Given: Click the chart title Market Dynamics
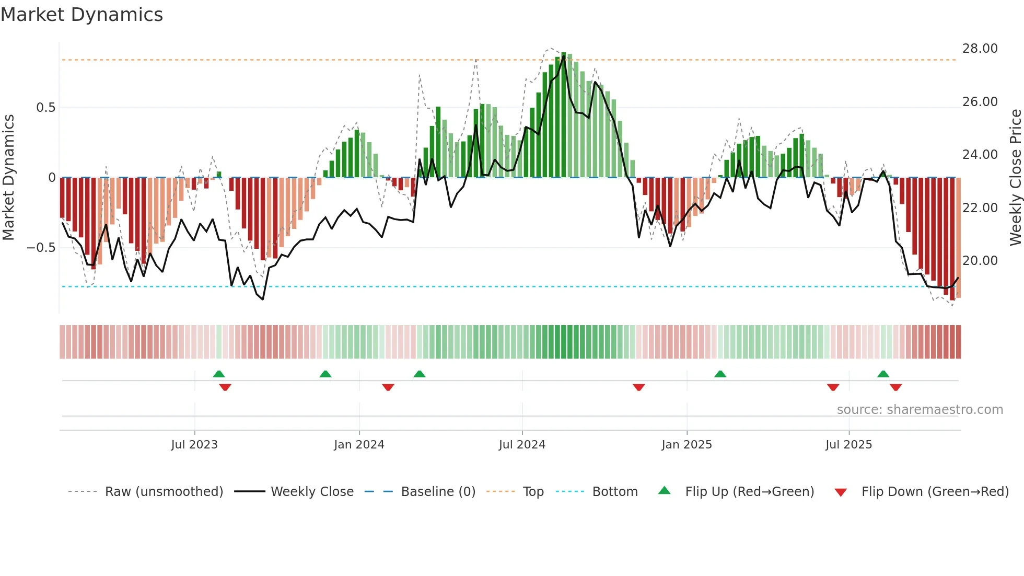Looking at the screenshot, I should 82,15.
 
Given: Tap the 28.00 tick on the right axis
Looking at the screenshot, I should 980,49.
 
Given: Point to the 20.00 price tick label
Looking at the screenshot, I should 980,261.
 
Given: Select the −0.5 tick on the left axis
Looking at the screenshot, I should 41,248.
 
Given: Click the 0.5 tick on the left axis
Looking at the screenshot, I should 45,108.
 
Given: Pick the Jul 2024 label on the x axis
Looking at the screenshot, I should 522,445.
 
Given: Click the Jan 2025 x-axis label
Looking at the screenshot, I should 686,445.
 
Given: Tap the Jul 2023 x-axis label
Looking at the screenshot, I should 194,445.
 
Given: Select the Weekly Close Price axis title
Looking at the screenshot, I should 1015,178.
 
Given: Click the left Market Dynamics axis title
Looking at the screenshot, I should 8,178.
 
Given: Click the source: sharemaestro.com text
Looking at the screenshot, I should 920,410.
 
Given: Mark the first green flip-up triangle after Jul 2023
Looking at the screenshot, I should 219,374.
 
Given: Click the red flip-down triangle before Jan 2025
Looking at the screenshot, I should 638,387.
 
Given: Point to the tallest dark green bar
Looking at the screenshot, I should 563,115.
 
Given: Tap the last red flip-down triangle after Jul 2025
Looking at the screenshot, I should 895,387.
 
